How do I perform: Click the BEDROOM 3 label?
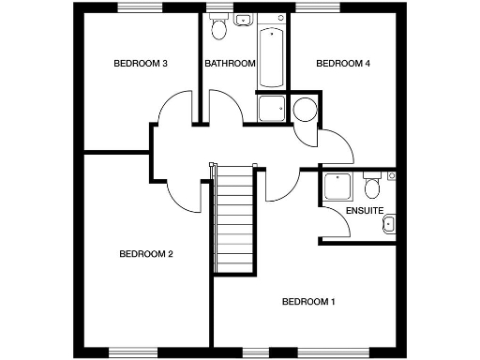click(140, 64)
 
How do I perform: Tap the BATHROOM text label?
click(230, 64)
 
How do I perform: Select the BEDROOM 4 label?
click(342, 64)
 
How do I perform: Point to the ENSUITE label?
click(364, 211)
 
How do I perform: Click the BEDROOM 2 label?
click(145, 254)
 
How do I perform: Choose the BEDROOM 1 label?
click(308, 302)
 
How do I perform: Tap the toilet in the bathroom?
click(219, 28)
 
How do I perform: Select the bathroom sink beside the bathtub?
click(242, 19)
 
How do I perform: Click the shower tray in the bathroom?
click(272, 109)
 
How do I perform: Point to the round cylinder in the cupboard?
click(306, 111)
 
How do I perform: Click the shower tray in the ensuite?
click(335, 187)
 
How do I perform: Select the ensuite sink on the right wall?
click(389, 223)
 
